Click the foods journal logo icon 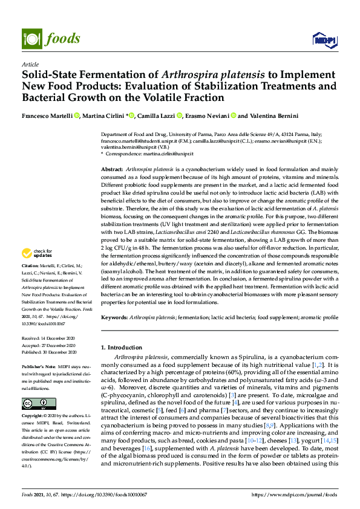[30, 38]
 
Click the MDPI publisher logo [323, 39]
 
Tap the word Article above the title [30, 63]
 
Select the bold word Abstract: [112, 170]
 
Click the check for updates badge [38, 270]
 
